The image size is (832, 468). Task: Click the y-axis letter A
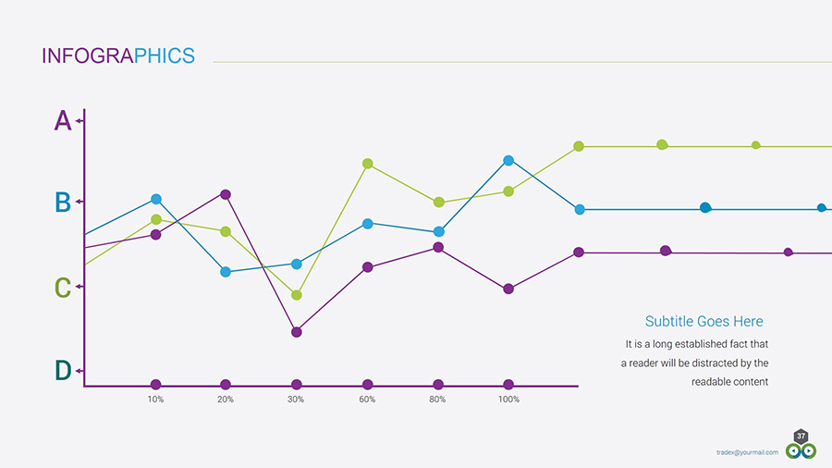(x=62, y=120)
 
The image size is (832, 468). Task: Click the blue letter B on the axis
(x=62, y=202)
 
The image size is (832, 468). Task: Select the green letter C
(x=62, y=288)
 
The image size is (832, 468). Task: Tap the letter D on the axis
(x=62, y=371)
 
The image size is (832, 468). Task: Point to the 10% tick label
(x=156, y=400)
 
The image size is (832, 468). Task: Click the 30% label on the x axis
(x=296, y=400)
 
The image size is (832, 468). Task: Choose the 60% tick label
(x=367, y=400)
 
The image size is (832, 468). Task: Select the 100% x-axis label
(x=508, y=400)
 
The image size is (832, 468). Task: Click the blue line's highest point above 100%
(x=508, y=161)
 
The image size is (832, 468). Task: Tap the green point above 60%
(x=368, y=164)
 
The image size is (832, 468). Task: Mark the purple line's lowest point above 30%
(x=297, y=331)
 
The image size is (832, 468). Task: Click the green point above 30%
(x=297, y=295)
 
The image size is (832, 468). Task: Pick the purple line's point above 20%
(x=226, y=194)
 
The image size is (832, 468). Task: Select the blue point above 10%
(x=156, y=199)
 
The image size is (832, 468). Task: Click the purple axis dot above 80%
(x=438, y=385)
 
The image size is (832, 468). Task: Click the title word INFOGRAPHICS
(x=118, y=55)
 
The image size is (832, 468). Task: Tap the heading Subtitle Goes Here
(x=704, y=321)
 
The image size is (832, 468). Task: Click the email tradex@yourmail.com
(x=747, y=452)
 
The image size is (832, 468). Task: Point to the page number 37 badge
(x=801, y=436)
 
